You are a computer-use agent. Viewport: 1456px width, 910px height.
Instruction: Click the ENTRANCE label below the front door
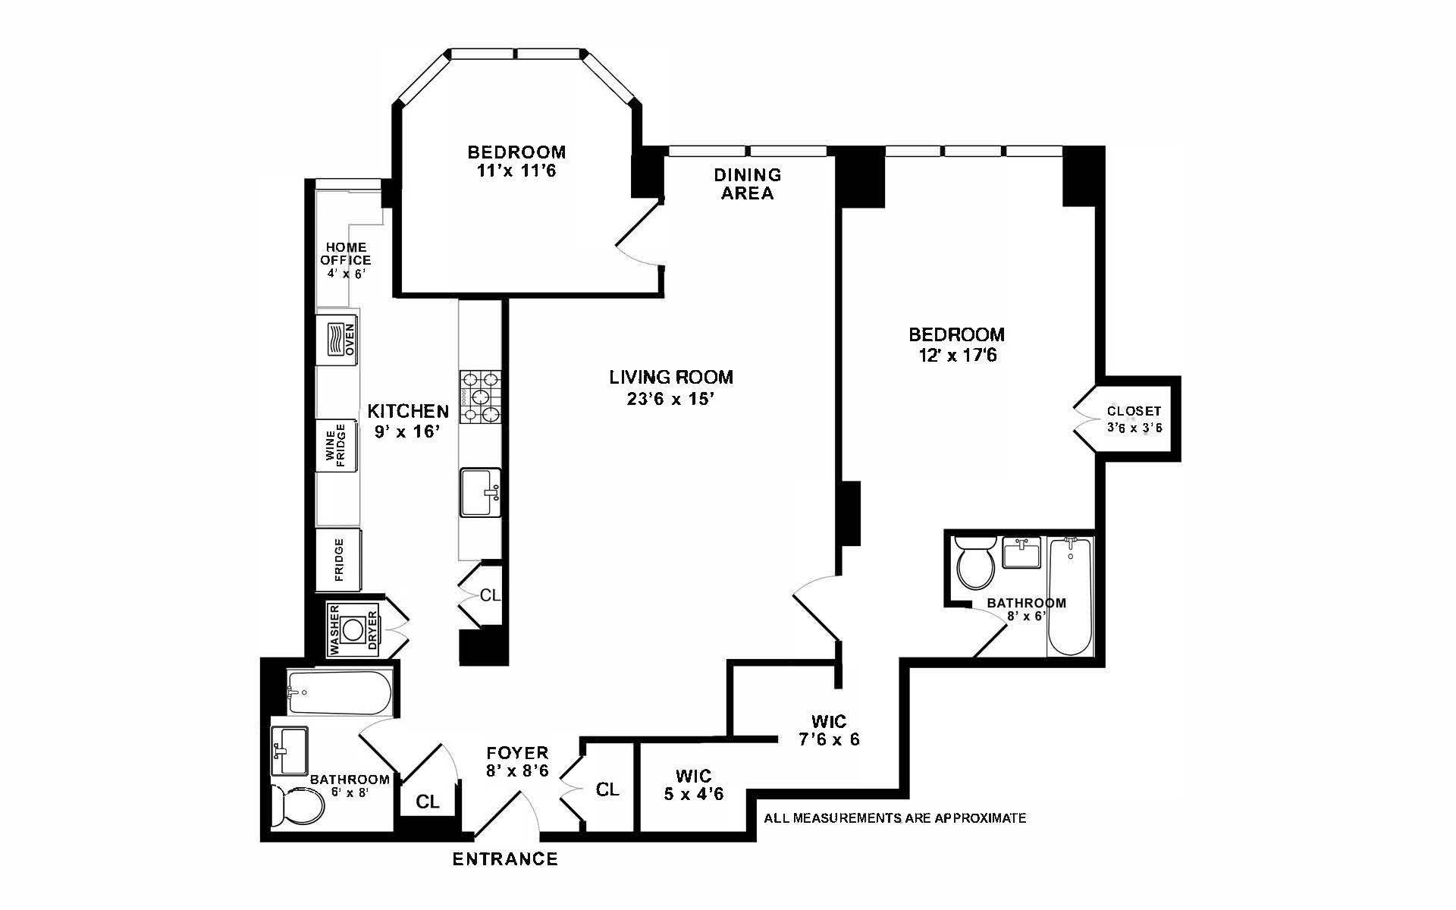(x=505, y=859)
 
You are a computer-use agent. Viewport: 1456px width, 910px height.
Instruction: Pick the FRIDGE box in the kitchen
(x=338, y=560)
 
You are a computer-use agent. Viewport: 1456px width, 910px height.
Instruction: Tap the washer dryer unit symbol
(x=353, y=629)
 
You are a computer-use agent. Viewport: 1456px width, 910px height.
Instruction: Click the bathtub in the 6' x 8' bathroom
(x=339, y=692)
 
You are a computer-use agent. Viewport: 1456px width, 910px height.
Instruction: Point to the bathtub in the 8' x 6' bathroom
(x=1070, y=597)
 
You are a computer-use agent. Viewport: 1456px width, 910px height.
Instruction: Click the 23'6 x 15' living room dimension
(x=671, y=400)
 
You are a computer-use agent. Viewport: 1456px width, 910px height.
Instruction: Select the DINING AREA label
(x=747, y=184)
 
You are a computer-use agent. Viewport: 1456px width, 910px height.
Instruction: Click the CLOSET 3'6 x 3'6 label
(x=1134, y=419)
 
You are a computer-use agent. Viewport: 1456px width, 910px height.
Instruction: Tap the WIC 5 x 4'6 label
(x=694, y=785)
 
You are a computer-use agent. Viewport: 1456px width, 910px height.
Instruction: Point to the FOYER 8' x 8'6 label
(x=517, y=761)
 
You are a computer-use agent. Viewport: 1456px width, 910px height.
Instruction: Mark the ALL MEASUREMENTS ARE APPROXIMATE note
(x=895, y=818)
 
